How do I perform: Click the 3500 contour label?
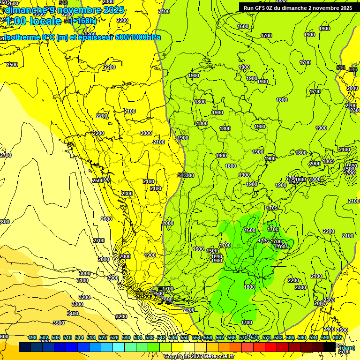pyautogui.click(x=58, y=323)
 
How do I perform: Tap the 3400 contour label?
pyautogui.click(x=73, y=314)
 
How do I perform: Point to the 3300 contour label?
pyautogui.click(x=78, y=304)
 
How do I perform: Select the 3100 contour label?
pyautogui.click(x=82, y=280)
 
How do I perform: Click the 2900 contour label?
pyautogui.click(x=113, y=278)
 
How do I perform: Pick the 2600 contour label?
pyautogui.click(x=106, y=219)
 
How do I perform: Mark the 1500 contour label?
pyautogui.click(x=212, y=251)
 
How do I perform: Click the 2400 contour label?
pyautogui.click(x=329, y=330)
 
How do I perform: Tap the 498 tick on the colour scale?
pyautogui.click(x=32, y=337)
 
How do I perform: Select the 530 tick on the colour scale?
pyautogui.click(x=126, y=337)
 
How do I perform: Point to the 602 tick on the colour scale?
pyautogui.click(x=337, y=337)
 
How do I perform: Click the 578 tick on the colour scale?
pyautogui.click(x=267, y=337)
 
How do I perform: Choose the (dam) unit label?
pyautogui.click(x=348, y=348)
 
